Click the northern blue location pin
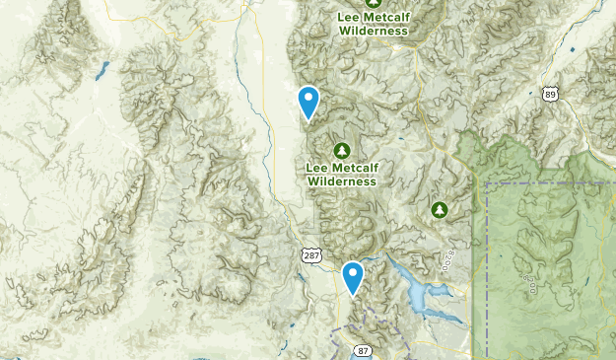309,101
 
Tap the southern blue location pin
353,276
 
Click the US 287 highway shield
310,254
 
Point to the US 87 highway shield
366,350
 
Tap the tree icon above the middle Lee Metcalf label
341,150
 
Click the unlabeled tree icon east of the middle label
439,209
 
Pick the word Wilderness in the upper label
373,32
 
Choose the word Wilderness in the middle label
341,181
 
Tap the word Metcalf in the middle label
355,168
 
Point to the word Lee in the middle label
317,168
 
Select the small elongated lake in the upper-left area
103,71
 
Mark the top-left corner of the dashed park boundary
487,184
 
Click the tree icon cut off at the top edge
372,3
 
